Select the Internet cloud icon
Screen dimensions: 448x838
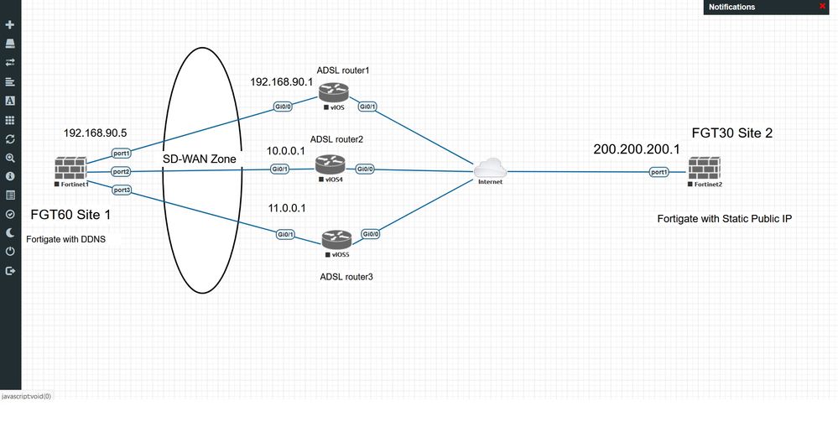(x=490, y=169)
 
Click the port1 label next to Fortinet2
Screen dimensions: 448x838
(x=659, y=172)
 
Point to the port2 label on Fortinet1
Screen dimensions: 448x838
(x=121, y=171)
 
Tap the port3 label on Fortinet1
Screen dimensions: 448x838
(x=121, y=190)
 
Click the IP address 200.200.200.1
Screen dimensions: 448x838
(x=630, y=149)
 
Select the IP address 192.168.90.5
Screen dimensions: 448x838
(x=95, y=133)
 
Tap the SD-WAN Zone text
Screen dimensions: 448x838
(x=200, y=159)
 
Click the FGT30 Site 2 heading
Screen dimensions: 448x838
(x=733, y=133)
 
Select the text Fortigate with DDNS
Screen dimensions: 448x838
(x=66, y=239)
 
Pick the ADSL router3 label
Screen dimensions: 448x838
(x=346, y=276)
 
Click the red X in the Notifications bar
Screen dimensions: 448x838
(x=822, y=7)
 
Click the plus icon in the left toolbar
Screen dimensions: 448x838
(x=10, y=25)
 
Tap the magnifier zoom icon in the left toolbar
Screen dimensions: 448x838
(x=10, y=158)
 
